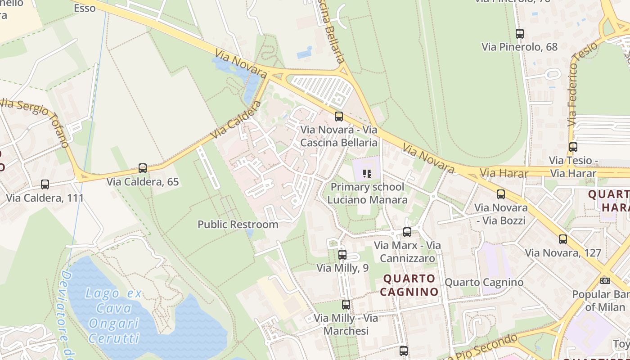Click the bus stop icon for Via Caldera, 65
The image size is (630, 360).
(x=143, y=168)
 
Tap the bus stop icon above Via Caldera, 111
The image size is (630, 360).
(x=45, y=184)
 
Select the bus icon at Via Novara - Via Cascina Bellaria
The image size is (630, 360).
(x=339, y=117)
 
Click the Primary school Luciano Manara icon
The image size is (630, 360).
(x=367, y=173)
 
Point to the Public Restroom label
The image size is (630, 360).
(x=238, y=224)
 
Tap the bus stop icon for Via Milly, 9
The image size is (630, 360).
(x=342, y=254)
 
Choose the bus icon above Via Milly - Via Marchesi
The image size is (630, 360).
(x=346, y=304)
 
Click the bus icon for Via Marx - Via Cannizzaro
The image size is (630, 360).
(x=407, y=232)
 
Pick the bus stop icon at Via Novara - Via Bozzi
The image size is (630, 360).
(x=501, y=194)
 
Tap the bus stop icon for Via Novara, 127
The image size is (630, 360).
(x=563, y=239)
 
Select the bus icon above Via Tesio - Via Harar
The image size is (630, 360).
(x=573, y=147)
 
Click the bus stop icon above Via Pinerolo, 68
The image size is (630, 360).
(x=520, y=33)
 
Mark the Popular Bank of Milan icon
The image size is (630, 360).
(x=605, y=280)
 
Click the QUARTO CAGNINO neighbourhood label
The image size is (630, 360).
(x=409, y=285)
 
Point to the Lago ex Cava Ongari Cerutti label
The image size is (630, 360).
(x=114, y=316)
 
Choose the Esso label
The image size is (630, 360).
(x=85, y=8)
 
